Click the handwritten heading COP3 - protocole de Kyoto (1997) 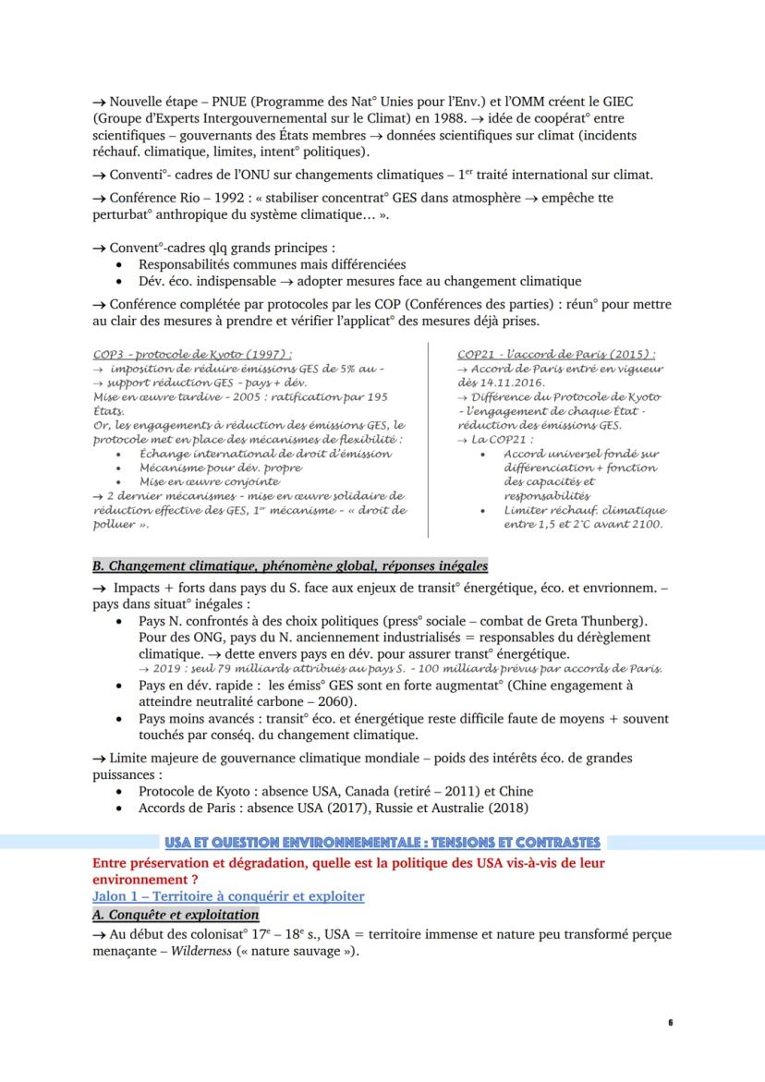193,355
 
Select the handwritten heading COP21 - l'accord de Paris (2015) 556,355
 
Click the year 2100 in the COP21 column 645,524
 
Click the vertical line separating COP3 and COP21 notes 428,439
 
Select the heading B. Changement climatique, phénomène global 290,565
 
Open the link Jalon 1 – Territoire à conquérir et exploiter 228,896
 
